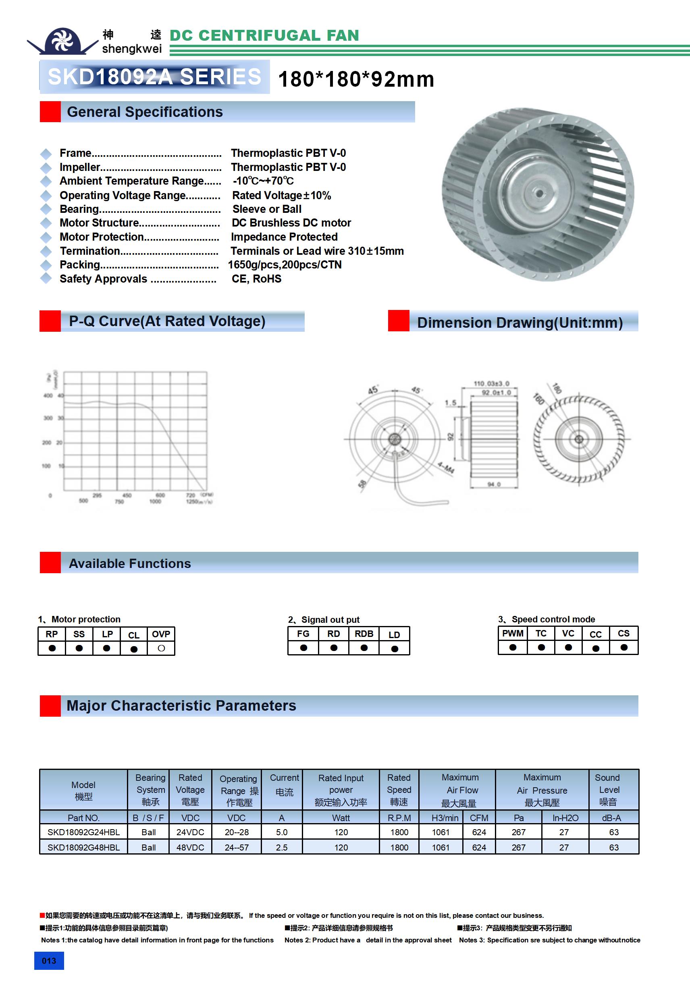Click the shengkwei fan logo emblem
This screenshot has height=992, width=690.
[62, 41]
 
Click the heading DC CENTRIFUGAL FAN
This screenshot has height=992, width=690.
[264, 35]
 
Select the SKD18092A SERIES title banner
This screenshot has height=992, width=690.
[154, 77]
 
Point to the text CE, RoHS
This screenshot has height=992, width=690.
[256, 279]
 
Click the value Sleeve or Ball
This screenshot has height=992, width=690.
[266, 209]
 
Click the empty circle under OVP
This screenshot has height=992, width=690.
[161, 648]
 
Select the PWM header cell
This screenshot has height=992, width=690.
[512, 633]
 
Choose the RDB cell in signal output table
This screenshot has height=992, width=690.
[364, 634]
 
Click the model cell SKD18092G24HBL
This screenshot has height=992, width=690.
[83, 832]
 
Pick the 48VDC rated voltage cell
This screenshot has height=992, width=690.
[190, 847]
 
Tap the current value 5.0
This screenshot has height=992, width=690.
[282, 832]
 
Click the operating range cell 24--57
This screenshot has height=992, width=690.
[236, 847]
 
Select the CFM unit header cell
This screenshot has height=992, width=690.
[479, 818]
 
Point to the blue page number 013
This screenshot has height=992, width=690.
[49, 961]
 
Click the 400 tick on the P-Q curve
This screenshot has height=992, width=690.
[48, 395]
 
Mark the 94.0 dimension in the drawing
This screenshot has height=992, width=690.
[494, 485]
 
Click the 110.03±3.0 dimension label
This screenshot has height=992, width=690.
[491, 384]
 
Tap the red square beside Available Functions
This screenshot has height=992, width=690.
[50, 563]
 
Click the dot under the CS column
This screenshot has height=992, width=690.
[623, 647]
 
